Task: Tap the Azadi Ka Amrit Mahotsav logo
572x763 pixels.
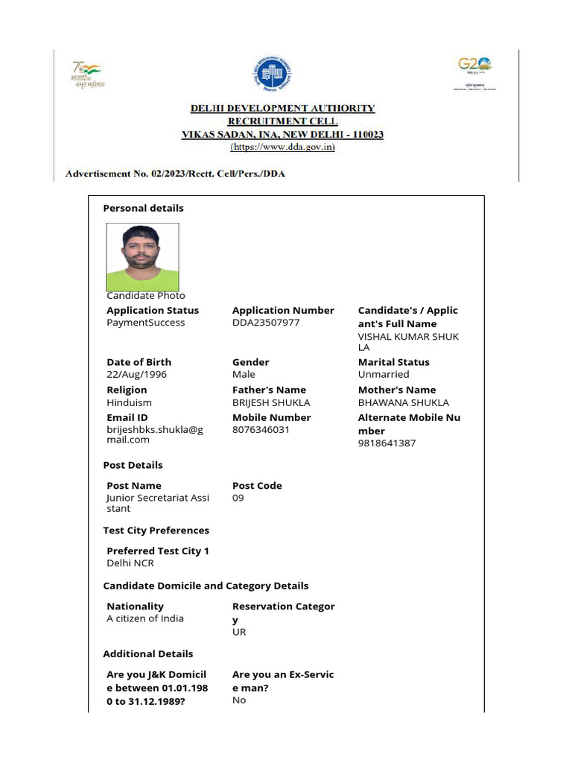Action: coord(88,75)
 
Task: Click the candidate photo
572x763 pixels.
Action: coord(142,257)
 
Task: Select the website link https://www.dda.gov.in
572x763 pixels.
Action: coord(282,148)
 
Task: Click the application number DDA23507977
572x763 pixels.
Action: coord(266,323)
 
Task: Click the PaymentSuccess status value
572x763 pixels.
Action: coord(145,323)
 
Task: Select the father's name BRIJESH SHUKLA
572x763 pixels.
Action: coord(271,402)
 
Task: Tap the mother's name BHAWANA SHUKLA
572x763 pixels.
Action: coord(404,402)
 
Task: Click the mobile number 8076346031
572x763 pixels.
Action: coord(261,430)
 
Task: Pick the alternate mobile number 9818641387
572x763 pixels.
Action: coord(387,443)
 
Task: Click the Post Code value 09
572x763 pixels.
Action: coord(238,498)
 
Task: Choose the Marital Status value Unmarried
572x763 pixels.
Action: coord(384,374)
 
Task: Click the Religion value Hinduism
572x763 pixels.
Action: coord(129,402)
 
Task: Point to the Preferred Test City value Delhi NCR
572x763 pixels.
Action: coord(130,563)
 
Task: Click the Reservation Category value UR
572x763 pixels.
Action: coord(239,632)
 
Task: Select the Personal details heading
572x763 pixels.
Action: coord(143,208)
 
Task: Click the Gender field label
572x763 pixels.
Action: coord(250,362)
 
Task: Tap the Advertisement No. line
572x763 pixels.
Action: coord(175,174)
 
